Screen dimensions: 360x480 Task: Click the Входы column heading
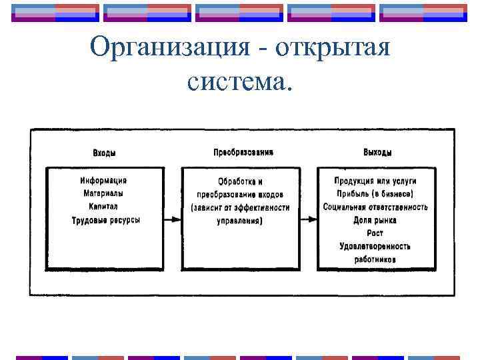(x=104, y=153)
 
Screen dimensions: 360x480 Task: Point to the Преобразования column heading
(x=243, y=152)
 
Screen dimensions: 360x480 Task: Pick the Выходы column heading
(x=377, y=153)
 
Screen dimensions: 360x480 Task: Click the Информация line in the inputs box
(x=104, y=180)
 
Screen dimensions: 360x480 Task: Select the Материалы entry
(x=104, y=193)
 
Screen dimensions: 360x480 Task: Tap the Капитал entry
(x=104, y=207)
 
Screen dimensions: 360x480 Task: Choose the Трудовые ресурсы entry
(x=105, y=220)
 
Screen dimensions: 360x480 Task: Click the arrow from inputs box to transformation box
(x=172, y=219)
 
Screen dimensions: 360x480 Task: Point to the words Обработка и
(x=240, y=181)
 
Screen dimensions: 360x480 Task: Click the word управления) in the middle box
(x=240, y=221)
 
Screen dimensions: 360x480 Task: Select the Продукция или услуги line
(x=375, y=181)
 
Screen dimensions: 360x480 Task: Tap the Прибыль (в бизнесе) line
(x=375, y=194)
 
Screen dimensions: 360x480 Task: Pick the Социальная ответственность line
(x=375, y=207)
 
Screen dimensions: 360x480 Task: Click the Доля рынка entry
(x=375, y=220)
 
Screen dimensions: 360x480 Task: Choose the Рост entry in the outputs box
(x=375, y=233)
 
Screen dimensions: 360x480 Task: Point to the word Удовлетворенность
(x=375, y=247)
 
